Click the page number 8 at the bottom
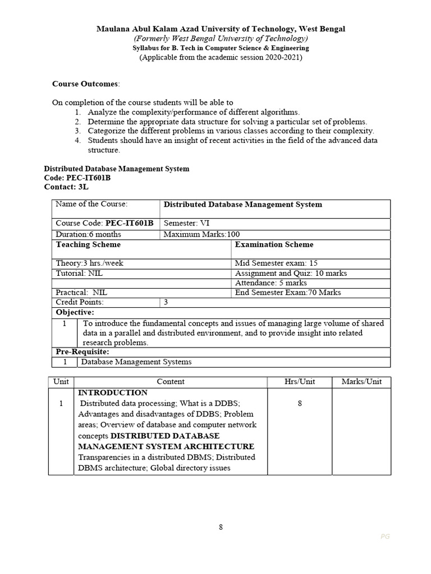221,527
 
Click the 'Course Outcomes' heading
85,84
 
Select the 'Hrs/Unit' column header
300,382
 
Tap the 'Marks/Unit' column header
361,382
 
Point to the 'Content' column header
171,382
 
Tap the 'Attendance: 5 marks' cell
271,283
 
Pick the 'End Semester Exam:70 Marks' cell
288,292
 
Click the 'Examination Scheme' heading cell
274,244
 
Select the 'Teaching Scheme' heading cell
88,244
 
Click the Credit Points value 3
166,302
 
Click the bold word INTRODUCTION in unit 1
113,392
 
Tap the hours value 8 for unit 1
300,404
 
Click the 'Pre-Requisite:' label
82,351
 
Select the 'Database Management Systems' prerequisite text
136,362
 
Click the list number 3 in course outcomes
77,131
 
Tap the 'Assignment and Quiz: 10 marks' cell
291,273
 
